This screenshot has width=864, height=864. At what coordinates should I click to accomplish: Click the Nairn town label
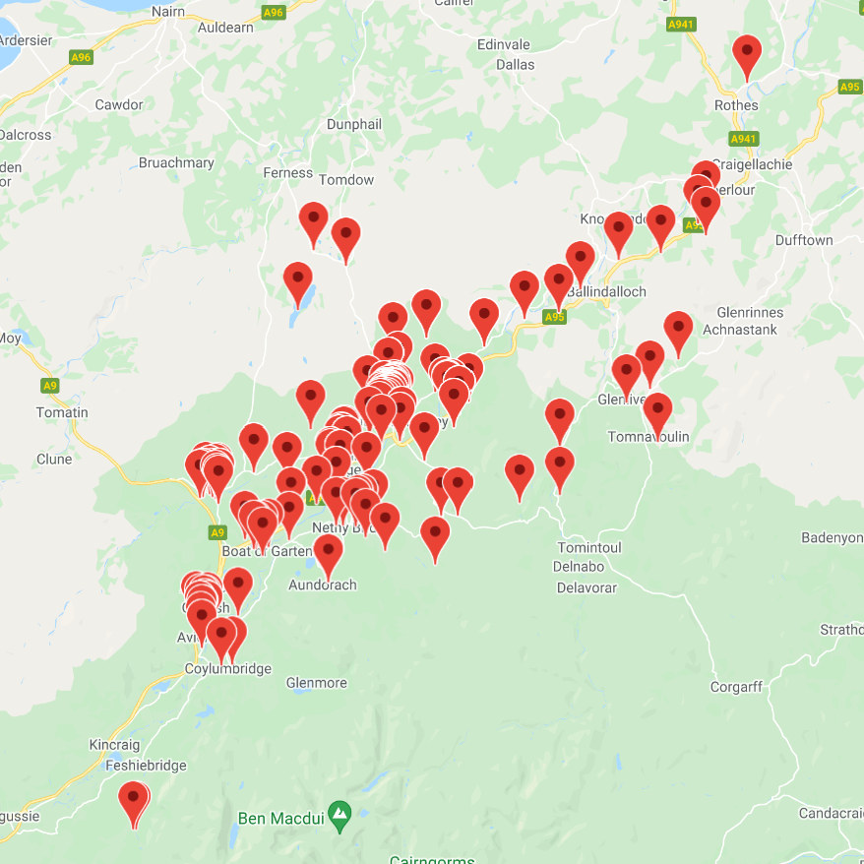coord(169,11)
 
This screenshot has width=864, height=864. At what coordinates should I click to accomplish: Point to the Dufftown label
coord(804,240)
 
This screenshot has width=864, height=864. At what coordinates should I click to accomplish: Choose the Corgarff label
coord(737,687)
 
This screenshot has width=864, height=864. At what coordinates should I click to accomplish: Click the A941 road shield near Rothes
coord(743,139)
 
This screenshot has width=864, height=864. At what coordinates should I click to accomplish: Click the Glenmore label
coord(316,682)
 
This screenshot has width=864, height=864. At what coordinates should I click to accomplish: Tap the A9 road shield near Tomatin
coord(50,385)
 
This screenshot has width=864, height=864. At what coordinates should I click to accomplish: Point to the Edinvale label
coord(503,45)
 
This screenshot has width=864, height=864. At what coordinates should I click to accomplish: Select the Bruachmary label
coord(176,162)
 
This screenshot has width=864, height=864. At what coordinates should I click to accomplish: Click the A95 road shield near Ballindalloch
coord(554,317)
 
